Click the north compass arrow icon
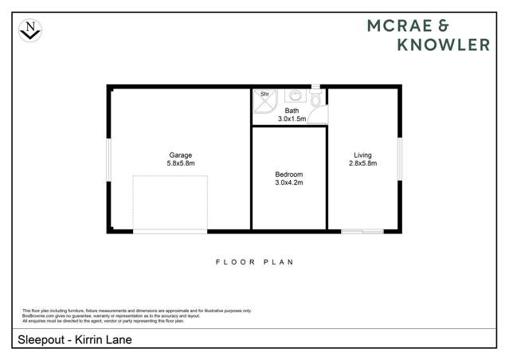point(30,30)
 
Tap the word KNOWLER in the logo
point(444,45)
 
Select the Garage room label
point(180,155)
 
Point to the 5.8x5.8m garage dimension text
point(180,163)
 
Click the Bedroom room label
point(289,174)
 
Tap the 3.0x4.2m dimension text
point(289,182)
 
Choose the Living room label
point(362,155)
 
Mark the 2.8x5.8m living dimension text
point(362,163)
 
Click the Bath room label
point(292,111)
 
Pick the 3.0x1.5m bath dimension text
point(292,119)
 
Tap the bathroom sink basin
point(292,95)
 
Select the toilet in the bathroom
point(316,100)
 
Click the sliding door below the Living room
point(362,232)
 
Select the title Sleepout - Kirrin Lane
point(73,340)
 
